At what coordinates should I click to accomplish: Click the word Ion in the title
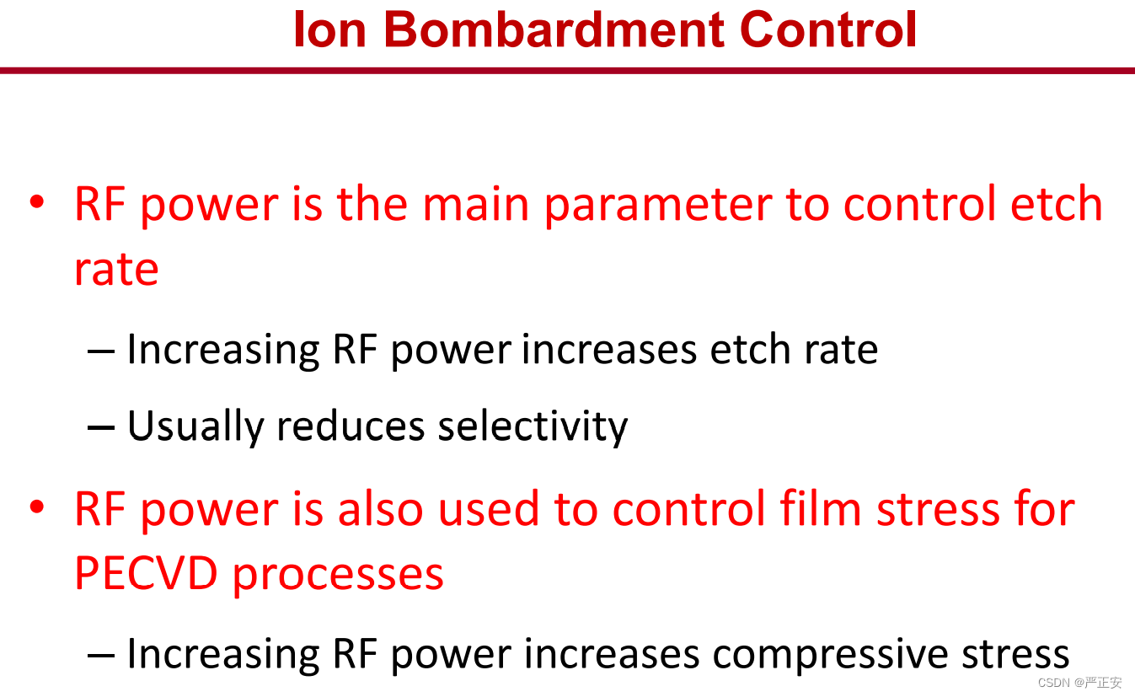tap(329, 29)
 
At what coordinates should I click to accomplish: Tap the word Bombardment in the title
tap(554, 29)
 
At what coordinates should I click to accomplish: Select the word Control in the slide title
tap(828, 29)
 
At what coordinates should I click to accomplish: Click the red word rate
tap(116, 270)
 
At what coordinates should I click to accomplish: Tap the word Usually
tap(195, 426)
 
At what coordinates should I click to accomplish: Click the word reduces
tap(351, 426)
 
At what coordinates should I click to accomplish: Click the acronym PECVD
tap(146, 573)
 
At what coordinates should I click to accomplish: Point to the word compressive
tap(830, 655)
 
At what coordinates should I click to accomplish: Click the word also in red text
tap(380, 508)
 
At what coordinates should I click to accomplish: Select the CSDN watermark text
tap(1079, 683)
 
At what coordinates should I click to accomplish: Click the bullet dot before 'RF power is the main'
tap(37, 201)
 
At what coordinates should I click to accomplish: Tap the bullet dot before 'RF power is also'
tap(37, 506)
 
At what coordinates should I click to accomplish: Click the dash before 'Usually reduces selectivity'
tap(101, 428)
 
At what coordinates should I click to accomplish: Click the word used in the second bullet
tap(489, 508)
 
